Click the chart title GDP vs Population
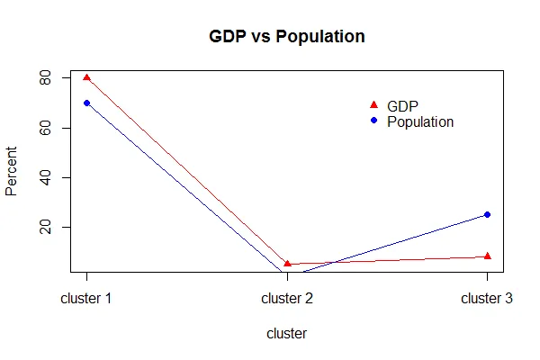click(x=287, y=38)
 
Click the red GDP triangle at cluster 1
click(x=86, y=78)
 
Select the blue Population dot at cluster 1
click(x=86, y=103)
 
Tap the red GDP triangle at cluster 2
click(x=287, y=264)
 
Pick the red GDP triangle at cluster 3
click(x=487, y=256)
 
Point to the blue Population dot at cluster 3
click(x=487, y=214)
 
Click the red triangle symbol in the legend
click(x=373, y=105)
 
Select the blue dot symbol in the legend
click(x=373, y=121)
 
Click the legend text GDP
click(x=402, y=105)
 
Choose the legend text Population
click(x=420, y=121)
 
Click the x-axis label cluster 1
click(x=86, y=298)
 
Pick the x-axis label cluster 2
click(x=287, y=298)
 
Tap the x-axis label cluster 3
click(x=487, y=298)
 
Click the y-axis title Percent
click(x=12, y=171)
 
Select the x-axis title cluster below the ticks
click(x=287, y=333)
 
